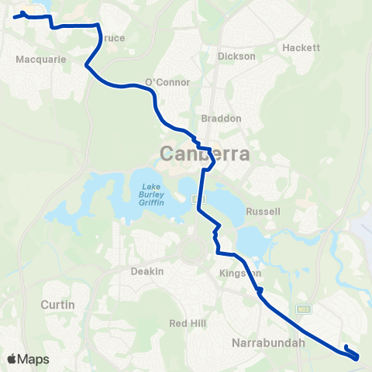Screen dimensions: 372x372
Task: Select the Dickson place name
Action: point(236,57)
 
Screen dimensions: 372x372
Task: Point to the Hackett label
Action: point(301,47)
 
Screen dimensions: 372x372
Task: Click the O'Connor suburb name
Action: point(162,83)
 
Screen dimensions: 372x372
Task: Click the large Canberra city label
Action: point(205,153)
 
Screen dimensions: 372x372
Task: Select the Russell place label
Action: point(278,212)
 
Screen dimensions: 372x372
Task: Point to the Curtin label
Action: point(58,305)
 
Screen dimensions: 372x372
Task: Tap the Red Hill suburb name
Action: point(185,322)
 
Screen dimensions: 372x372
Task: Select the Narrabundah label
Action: point(268,342)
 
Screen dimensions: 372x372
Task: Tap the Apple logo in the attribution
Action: point(12,359)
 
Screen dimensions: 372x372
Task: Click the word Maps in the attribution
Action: point(34,359)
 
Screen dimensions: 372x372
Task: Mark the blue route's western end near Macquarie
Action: point(15,15)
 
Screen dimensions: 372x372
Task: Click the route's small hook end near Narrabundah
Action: point(345,346)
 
